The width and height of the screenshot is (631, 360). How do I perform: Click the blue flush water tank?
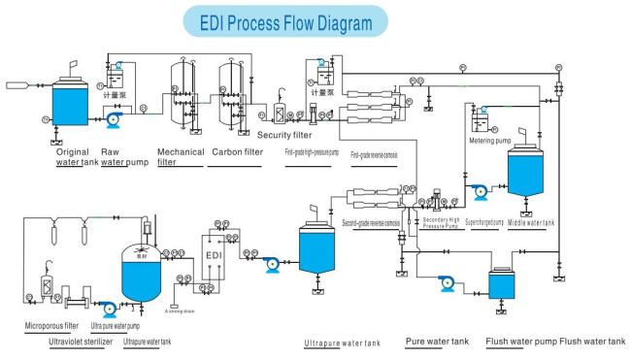(x=501, y=284)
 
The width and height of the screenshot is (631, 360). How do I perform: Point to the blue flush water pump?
(x=448, y=282)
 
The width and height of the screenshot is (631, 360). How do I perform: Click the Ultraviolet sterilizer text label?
(x=83, y=343)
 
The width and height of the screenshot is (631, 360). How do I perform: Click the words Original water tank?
(x=78, y=158)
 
